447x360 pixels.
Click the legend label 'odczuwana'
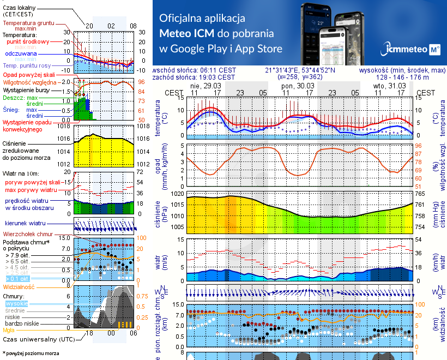(21, 54)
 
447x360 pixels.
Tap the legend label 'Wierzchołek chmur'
(26, 233)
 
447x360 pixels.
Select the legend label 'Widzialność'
(19, 286)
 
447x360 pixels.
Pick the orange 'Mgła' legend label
(9, 330)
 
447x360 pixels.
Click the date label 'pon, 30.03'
(299, 86)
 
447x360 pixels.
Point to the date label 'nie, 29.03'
(202, 86)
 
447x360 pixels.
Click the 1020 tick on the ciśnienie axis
(178, 194)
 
